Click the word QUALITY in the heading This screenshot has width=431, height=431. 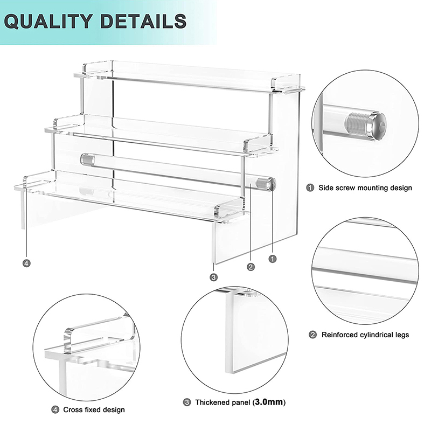[48, 21]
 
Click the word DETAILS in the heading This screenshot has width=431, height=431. [143, 21]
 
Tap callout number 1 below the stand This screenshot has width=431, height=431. [273, 259]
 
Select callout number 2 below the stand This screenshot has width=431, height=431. [251, 267]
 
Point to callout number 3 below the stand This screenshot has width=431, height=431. [213, 277]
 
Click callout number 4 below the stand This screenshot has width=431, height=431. [26, 263]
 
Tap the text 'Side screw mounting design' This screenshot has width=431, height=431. [365, 187]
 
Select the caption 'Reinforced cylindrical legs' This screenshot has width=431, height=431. [365, 335]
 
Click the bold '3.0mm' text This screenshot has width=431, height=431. [269, 402]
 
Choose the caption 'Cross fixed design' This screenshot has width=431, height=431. [94, 409]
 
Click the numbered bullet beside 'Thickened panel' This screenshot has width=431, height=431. [187, 402]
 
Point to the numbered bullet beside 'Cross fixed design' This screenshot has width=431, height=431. [55, 409]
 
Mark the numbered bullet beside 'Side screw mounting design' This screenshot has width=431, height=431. [310, 187]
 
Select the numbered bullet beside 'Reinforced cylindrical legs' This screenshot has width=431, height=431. [313, 335]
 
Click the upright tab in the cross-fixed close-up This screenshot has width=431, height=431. [69, 340]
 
